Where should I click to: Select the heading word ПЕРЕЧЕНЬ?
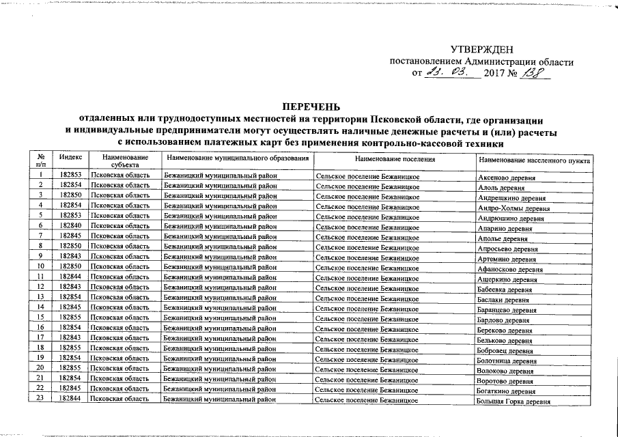(311, 106)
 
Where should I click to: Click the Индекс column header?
(71, 158)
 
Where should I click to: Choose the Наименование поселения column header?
(395, 158)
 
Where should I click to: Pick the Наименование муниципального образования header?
(238, 158)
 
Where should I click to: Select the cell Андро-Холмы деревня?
(514, 208)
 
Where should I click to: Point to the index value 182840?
(71, 225)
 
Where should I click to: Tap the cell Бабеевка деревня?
(506, 290)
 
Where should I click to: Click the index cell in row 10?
(71, 266)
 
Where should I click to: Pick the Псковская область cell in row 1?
(120, 175)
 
